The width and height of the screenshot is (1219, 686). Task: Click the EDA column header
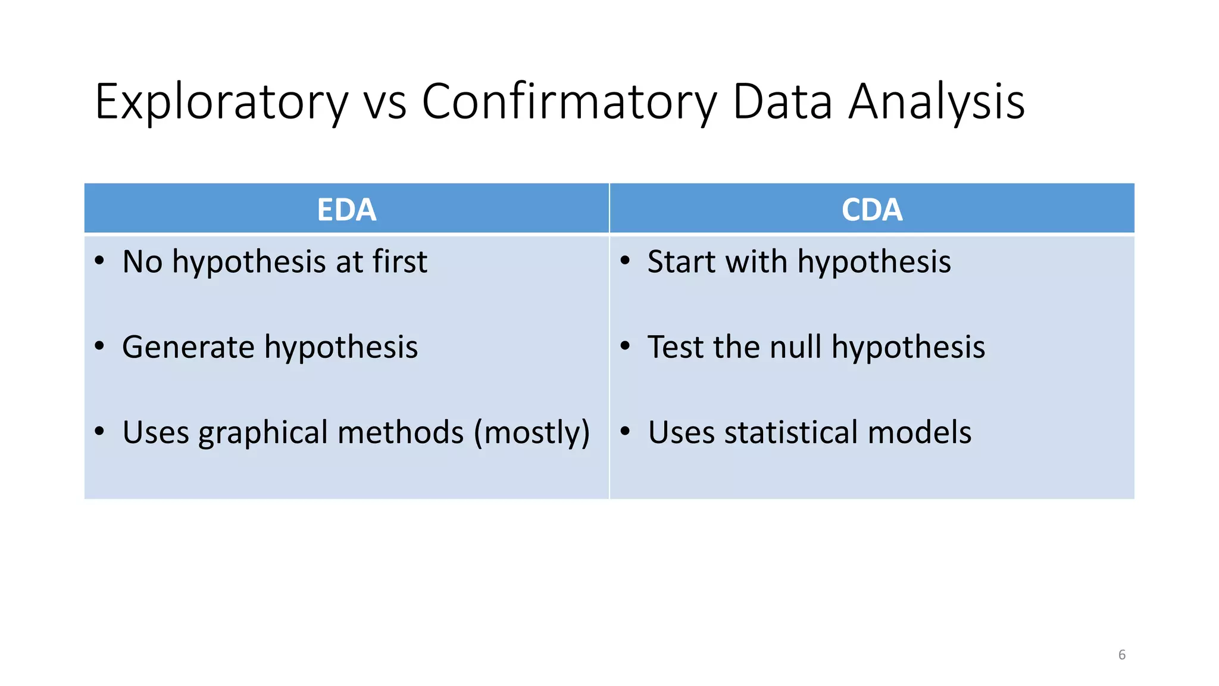click(346, 210)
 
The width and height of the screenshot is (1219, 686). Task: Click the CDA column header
click(871, 210)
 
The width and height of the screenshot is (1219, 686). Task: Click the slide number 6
click(1121, 654)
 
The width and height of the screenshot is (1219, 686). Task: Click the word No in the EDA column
click(142, 261)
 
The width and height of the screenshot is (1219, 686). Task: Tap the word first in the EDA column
click(399, 261)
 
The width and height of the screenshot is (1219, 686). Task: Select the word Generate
click(188, 347)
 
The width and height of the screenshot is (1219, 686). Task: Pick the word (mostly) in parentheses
click(532, 433)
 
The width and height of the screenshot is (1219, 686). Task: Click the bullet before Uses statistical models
click(624, 431)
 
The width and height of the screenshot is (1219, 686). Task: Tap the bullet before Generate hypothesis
click(99, 346)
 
